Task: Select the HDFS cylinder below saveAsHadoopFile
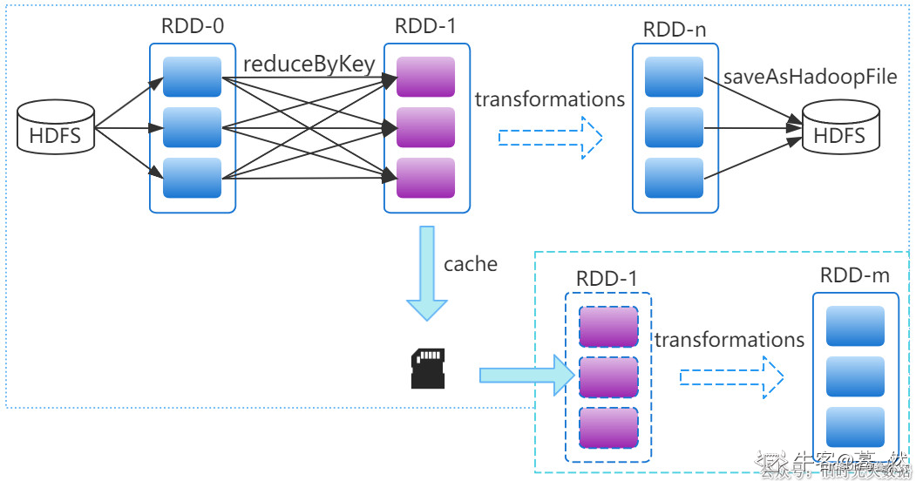pyautogui.click(x=838, y=131)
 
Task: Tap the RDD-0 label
pyautogui.click(x=193, y=26)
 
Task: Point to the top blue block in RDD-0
pyautogui.click(x=193, y=77)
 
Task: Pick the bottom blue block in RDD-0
pyautogui.click(x=193, y=178)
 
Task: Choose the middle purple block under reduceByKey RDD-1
pyautogui.click(x=425, y=127)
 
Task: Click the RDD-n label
pyautogui.click(x=674, y=29)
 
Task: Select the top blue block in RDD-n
pyautogui.click(x=674, y=77)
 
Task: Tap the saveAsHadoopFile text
pyautogui.click(x=810, y=77)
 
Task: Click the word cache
pyautogui.click(x=470, y=264)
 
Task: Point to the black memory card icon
pyautogui.click(x=427, y=368)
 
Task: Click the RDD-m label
pyautogui.click(x=854, y=275)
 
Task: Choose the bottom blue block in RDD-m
pyautogui.click(x=855, y=427)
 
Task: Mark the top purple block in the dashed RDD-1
pyautogui.click(x=608, y=327)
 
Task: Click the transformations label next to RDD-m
pyautogui.click(x=729, y=339)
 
